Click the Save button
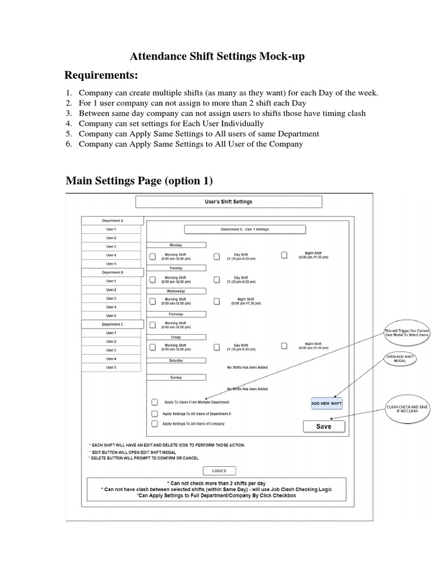point(323,427)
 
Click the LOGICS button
point(219,471)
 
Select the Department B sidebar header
point(112,272)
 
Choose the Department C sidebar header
point(112,324)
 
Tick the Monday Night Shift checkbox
point(284,255)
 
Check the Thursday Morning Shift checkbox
point(152,325)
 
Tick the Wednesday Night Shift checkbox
point(217,301)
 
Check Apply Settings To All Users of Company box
point(155,424)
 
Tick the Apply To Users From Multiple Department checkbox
point(155,402)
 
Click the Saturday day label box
point(176,360)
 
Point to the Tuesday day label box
point(176,268)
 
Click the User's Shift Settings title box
point(228,202)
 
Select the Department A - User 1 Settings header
point(245,229)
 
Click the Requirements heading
point(101,76)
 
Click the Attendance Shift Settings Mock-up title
point(217,56)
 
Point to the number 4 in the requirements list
point(68,123)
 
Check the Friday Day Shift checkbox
point(217,347)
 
